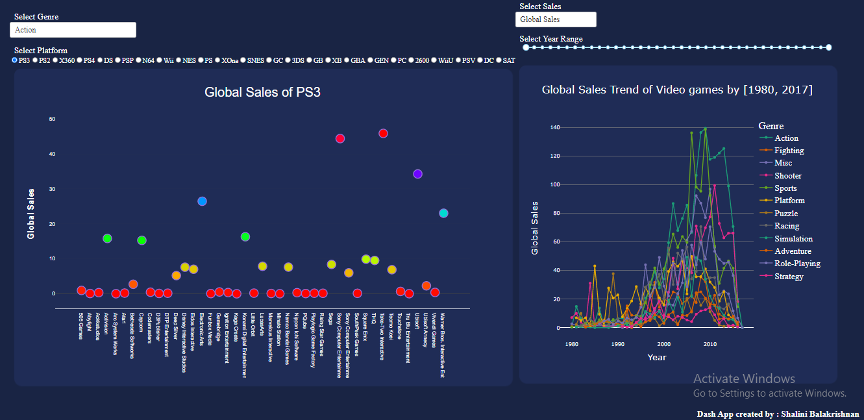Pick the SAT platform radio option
click(x=499, y=60)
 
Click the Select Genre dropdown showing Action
click(x=73, y=30)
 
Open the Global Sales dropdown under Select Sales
click(x=556, y=19)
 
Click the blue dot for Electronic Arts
click(x=202, y=201)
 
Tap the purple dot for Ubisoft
click(x=417, y=174)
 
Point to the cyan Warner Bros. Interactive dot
click(x=443, y=213)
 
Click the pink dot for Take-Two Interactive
click(x=383, y=133)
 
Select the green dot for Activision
click(x=107, y=238)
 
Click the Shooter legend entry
click(x=787, y=176)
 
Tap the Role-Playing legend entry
click(x=797, y=264)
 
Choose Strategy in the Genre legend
click(x=789, y=277)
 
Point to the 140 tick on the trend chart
click(x=554, y=127)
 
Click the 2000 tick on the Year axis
click(x=663, y=344)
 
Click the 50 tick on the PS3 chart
click(x=52, y=119)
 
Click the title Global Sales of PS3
click(x=262, y=92)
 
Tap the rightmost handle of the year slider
click(x=828, y=47)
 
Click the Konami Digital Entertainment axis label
click(x=244, y=344)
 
